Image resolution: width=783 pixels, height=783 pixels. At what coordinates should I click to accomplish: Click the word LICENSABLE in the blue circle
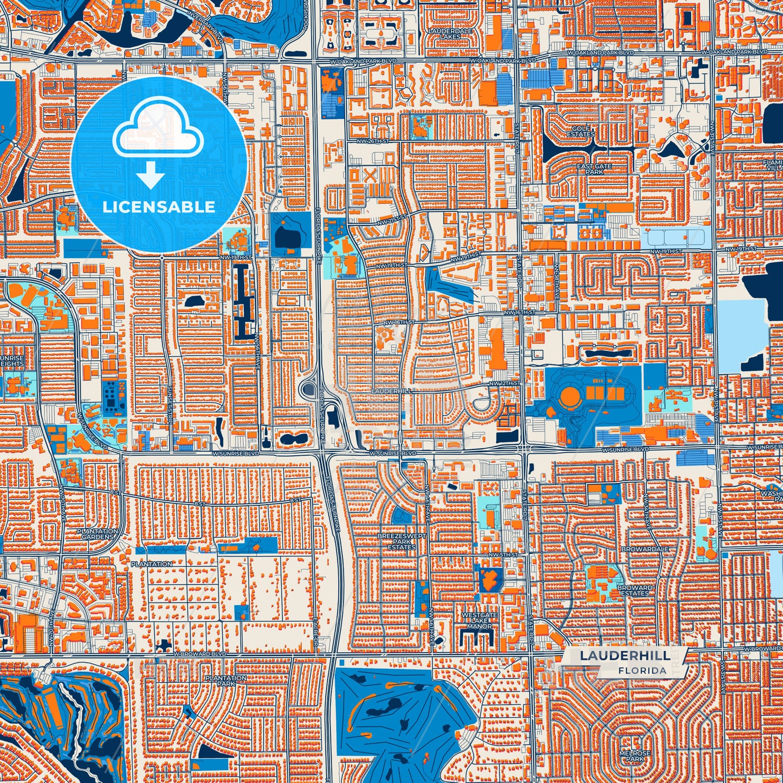159,206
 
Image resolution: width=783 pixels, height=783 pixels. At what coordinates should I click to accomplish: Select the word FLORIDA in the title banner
642,670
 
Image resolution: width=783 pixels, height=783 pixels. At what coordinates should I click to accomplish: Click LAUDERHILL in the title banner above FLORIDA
624,656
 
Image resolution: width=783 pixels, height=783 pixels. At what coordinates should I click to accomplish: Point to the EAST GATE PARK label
594,169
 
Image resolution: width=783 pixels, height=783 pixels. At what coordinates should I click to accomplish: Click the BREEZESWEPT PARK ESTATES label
402,541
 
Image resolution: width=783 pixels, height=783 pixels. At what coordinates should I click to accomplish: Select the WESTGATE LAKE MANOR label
479,620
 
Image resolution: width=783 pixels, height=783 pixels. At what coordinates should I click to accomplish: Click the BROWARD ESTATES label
635,590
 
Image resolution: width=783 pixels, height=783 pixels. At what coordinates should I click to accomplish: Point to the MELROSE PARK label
635,756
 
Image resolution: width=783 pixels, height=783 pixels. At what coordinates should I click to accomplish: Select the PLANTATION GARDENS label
97,534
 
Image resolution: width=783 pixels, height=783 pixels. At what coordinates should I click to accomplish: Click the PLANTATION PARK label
226,681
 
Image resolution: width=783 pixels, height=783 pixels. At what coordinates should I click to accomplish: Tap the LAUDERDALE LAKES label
450,34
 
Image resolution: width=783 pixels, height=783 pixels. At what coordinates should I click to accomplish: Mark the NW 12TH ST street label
504,383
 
